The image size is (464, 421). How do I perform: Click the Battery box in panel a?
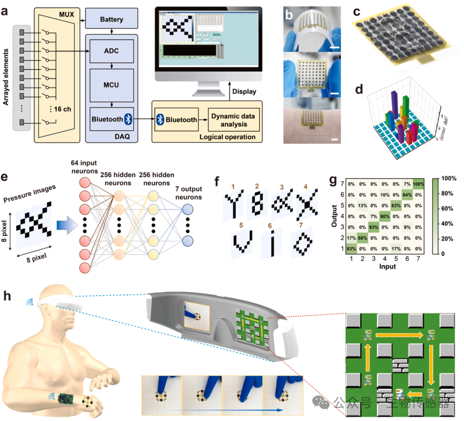111,19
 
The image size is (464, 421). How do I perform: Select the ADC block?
111,51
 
